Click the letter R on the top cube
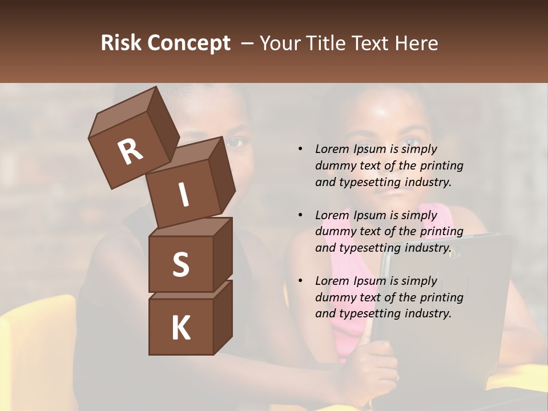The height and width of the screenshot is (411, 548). [130, 152]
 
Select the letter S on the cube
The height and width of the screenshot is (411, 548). [180, 264]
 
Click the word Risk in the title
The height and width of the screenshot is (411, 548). [121, 43]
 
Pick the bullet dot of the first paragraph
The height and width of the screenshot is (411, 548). [300, 149]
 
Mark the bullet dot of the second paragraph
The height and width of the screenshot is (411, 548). [300, 215]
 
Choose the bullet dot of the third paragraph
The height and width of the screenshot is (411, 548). [300, 281]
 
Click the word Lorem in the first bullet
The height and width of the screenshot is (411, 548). [332, 149]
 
